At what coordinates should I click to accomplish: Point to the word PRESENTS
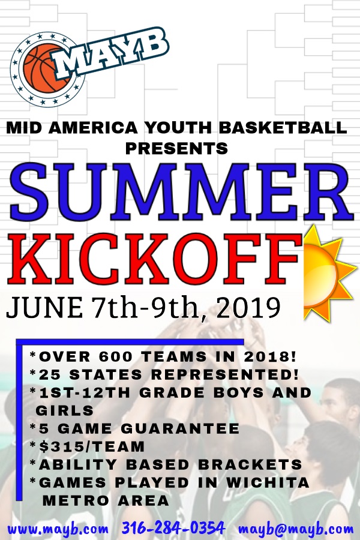pos(176,148)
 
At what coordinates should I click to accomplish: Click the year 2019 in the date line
pos(248,308)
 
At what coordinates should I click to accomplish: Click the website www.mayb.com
pos(58,528)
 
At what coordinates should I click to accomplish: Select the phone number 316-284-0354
pos(173,527)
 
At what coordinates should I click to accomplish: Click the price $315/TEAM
pos(92,446)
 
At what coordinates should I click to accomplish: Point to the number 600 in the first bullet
pos(116,357)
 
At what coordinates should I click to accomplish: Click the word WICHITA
pos(268,482)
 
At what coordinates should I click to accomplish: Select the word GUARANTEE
pos(180,429)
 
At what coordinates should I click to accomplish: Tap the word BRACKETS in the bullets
pos(250,464)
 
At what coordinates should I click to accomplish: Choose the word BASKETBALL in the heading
pos(283,128)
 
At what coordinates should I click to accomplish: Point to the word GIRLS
pos(65,410)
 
